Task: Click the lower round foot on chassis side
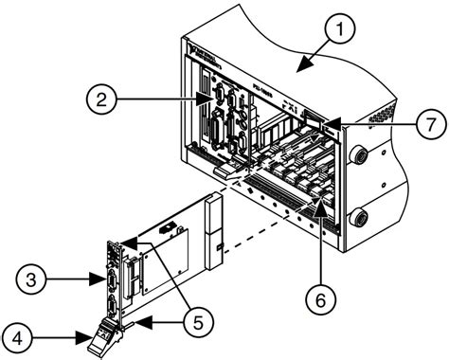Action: tap(361, 219)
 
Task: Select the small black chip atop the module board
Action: tap(169, 228)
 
